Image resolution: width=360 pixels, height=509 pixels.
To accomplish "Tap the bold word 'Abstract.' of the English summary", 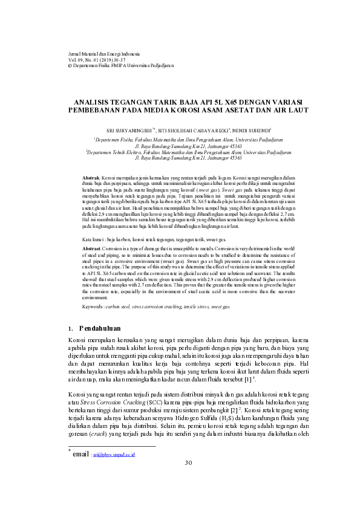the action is (x=91, y=248).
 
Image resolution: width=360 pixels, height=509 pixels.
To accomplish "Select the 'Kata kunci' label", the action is (x=93, y=239).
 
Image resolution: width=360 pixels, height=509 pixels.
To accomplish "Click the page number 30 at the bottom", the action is (x=188, y=480).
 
